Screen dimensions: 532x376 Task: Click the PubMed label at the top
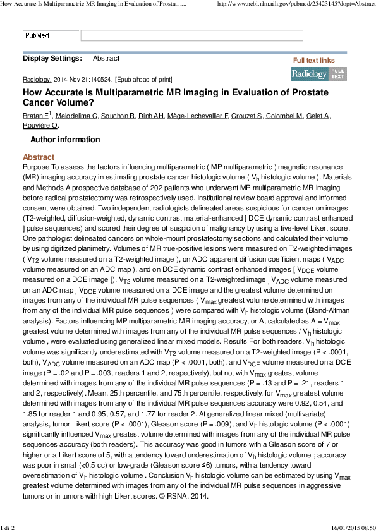click(37, 36)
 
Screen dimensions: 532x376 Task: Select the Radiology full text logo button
click(318, 73)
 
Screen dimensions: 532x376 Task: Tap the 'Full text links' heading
click(313, 60)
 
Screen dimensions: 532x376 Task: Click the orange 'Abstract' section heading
click(39, 157)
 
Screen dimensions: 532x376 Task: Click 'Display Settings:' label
click(52, 59)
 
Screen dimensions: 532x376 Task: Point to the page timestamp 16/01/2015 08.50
click(351, 528)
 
